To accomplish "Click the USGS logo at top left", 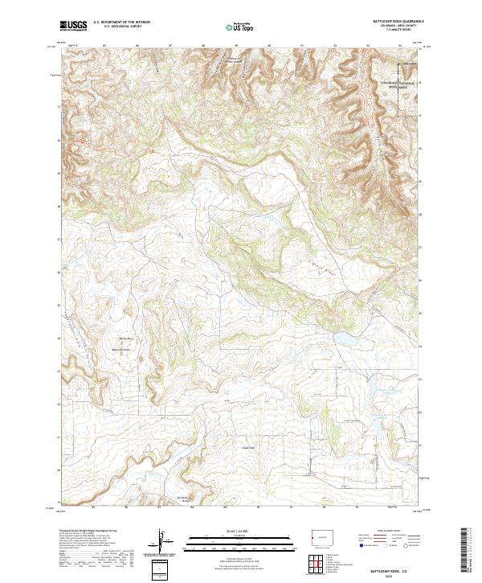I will click(73, 27).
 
